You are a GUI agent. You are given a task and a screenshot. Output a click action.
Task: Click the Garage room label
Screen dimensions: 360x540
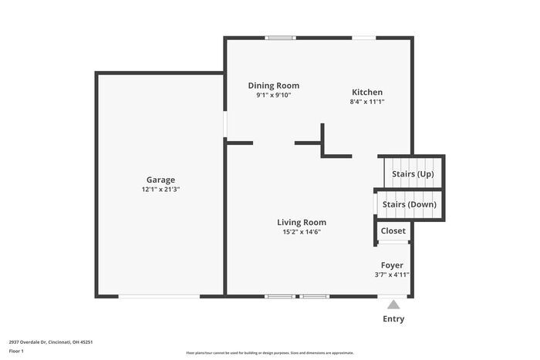[x=160, y=180]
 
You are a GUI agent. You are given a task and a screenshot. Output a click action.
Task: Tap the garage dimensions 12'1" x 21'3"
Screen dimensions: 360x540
[x=160, y=189]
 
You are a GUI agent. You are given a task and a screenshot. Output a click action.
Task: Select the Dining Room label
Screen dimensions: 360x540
[x=273, y=86]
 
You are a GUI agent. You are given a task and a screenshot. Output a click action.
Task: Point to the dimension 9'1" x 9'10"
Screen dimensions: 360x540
[x=273, y=95]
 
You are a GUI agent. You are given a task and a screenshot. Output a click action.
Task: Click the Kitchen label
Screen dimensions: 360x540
[x=366, y=92]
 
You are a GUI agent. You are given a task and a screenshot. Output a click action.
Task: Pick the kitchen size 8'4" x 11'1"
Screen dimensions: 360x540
[x=366, y=101]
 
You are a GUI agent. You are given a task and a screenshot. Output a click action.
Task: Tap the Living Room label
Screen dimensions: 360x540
[x=302, y=222]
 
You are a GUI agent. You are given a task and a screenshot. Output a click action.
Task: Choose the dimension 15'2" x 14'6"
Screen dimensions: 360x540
[x=302, y=231]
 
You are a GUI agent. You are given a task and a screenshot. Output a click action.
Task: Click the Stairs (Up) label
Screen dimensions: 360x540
[x=413, y=174]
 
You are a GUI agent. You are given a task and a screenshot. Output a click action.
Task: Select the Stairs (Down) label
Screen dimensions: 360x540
[x=410, y=204]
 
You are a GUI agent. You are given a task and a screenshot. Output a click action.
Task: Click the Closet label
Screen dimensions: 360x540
[x=393, y=230]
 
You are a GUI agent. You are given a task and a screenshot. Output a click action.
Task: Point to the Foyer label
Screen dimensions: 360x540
[x=392, y=264]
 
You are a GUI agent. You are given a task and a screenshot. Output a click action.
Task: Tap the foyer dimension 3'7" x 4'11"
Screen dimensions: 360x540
[x=392, y=274]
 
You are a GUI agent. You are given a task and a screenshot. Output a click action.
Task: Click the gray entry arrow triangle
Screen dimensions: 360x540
[x=393, y=304]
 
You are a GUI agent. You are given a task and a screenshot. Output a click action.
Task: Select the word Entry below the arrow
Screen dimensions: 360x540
[x=393, y=318]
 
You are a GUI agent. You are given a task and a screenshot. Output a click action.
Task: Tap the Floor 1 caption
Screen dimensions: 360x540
[x=16, y=351]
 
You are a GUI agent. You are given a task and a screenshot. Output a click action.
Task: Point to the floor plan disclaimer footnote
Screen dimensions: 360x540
[x=269, y=352]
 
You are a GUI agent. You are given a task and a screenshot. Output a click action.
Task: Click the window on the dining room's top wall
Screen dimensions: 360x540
[x=279, y=37]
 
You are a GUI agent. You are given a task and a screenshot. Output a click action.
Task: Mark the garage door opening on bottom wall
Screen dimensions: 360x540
[x=160, y=296]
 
